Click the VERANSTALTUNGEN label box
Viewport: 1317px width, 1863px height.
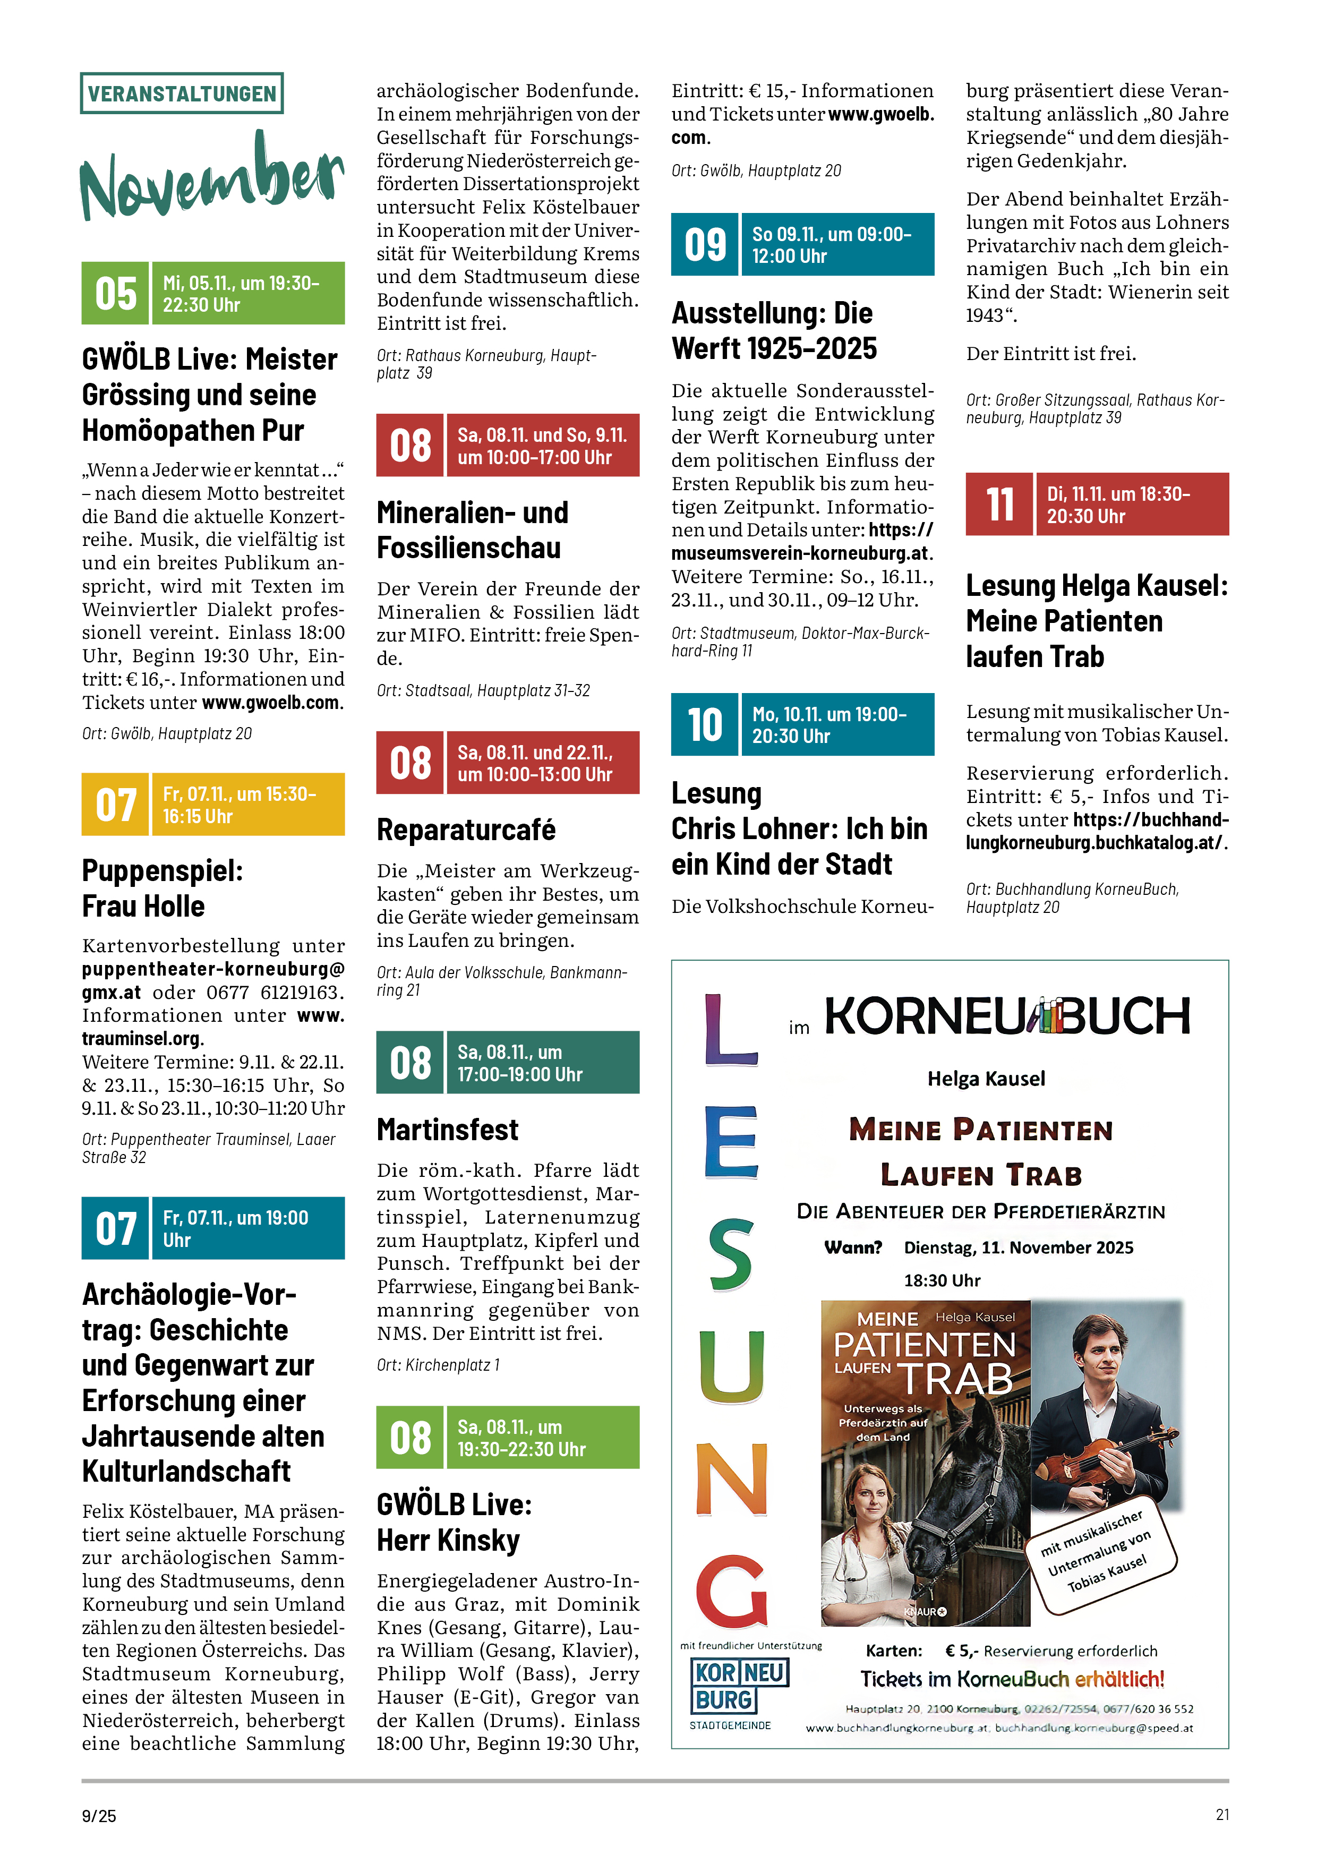(182, 93)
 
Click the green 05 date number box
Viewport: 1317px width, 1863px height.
(115, 294)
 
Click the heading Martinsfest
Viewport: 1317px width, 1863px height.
(447, 1130)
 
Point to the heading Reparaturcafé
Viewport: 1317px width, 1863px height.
(466, 830)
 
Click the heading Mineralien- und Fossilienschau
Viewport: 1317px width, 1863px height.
(472, 531)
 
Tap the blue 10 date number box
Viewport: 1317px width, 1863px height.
(704, 724)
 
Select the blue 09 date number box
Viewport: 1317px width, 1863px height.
(704, 244)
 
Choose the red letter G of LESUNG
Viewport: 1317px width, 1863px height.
(732, 1591)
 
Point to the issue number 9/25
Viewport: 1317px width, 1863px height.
(99, 1816)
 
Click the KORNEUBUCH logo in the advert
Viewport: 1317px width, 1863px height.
(1006, 1016)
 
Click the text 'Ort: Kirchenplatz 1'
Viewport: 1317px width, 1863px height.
(438, 1365)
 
